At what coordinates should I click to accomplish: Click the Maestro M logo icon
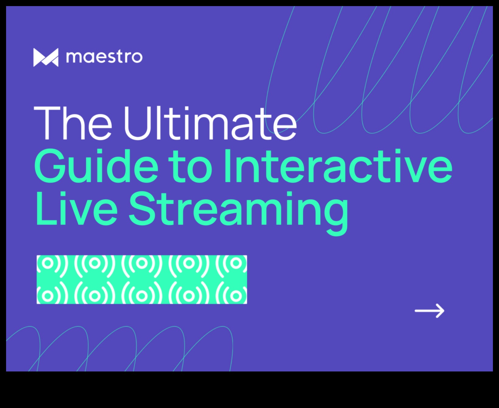[46, 57]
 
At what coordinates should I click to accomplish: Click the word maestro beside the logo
[104, 57]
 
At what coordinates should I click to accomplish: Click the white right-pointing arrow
[430, 311]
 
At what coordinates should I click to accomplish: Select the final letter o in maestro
[135, 58]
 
